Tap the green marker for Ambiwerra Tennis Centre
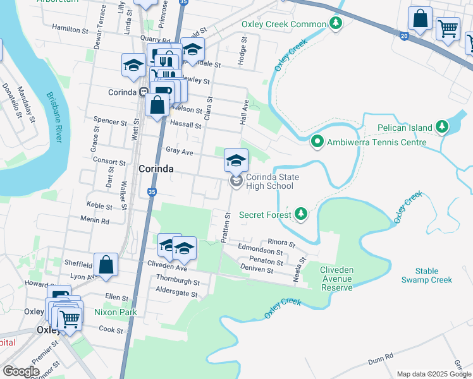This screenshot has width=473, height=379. pyautogui.click(x=317, y=142)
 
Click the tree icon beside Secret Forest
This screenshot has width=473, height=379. pyautogui.click(x=301, y=215)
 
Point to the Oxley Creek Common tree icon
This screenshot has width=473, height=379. pyautogui.click(x=335, y=25)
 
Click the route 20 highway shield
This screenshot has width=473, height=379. pyautogui.click(x=404, y=37)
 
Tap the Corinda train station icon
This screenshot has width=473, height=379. pyautogui.click(x=144, y=92)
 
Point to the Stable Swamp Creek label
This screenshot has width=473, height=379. pyautogui.click(x=427, y=275)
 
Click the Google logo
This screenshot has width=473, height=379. pyautogui.click(x=21, y=371)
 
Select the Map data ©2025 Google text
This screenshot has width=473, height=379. pyautogui.click(x=434, y=374)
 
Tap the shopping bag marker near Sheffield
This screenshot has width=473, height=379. pyautogui.click(x=106, y=264)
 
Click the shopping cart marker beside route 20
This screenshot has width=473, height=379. pyautogui.click(x=448, y=28)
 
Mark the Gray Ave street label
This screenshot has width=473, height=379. pyautogui.click(x=179, y=152)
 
